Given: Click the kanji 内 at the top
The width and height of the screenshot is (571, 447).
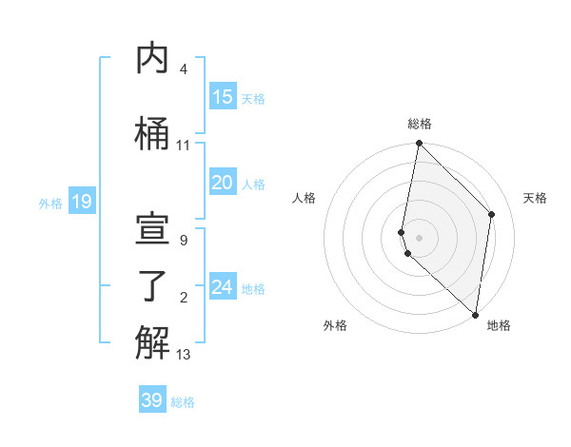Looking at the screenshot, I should point(152,58).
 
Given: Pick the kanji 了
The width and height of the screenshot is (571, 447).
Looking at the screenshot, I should point(152,286).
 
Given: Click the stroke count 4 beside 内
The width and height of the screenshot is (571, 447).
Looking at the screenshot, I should point(183,69).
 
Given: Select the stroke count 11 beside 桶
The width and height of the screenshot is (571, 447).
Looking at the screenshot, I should point(184,146).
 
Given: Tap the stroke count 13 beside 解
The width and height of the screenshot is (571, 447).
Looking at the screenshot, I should point(184,355).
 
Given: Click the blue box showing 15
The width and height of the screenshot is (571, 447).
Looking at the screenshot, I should point(222,96).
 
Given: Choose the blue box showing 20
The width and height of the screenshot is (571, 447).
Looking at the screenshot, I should point(222,183).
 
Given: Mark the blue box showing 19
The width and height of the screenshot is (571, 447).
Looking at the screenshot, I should point(82,201).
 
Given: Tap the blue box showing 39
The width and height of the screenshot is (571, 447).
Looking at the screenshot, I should point(152,400).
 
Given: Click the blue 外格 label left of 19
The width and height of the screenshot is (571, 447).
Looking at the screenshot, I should point(49,203).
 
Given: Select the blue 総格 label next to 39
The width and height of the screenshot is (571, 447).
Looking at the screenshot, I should point(183,402).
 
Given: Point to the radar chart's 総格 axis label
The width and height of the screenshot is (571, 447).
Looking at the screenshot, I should point(419,124).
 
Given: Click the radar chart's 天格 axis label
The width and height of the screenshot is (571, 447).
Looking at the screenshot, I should point(535,198).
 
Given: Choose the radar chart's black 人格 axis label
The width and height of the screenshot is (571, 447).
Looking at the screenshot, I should point(304,198).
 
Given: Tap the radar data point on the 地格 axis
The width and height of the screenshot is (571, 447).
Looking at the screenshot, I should point(476,315).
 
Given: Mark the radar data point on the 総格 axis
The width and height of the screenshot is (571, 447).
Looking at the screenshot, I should point(419,144).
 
